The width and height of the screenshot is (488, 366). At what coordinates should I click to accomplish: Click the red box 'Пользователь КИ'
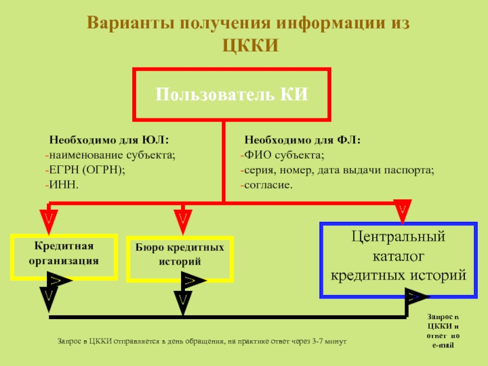click(x=231, y=95)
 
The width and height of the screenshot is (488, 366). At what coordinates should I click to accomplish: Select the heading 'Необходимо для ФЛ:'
click(x=302, y=141)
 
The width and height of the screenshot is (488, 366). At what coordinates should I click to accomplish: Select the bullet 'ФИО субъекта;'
click(x=284, y=156)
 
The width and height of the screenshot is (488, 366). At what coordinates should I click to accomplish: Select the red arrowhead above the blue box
click(x=403, y=210)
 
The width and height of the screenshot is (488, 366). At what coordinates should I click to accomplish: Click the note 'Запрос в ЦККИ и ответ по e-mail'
click(x=443, y=332)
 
